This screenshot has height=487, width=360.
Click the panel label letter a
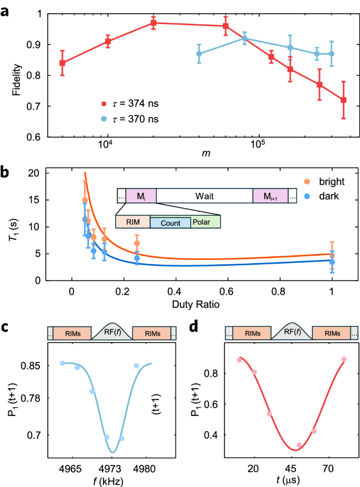5,9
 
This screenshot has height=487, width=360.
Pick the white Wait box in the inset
204,196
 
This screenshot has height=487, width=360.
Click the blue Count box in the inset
170,223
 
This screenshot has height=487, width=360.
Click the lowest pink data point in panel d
299,445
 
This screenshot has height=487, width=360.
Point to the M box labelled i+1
270,196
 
